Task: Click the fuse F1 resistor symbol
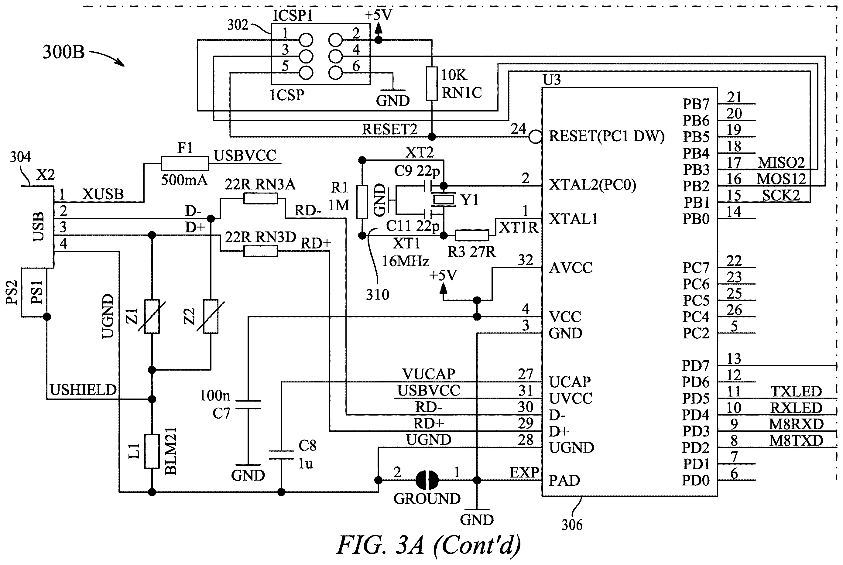pyautogui.click(x=184, y=164)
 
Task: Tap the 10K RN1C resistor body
pyautogui.click(x=432, y=83)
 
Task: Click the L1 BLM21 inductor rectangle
pyautogui.click(x=152, y=451)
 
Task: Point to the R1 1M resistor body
pyautogui.click(x=362, y=202)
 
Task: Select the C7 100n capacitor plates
pyautogui.click(x=248, y=404)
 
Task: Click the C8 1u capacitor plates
pyautogui.click(x=281, y=454)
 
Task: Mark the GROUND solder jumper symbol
pyautogui.click(x=427, y=480)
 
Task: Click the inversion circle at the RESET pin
pyautogui.click(x=536, y=137)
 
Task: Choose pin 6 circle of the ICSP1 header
pyautogui.click(x=335, y=73)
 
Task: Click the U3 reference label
pyautogui.click(x=552, y=80)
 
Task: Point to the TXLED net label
pyautogui.click(x=796, y=391)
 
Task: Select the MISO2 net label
pyautogui.click(x=781, y=163)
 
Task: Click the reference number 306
pyautogui.click(x=572, y=525)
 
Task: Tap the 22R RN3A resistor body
pyautogui.click(x=260, y=198)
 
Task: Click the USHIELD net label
pyautogui.click(x=83, y=390)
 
